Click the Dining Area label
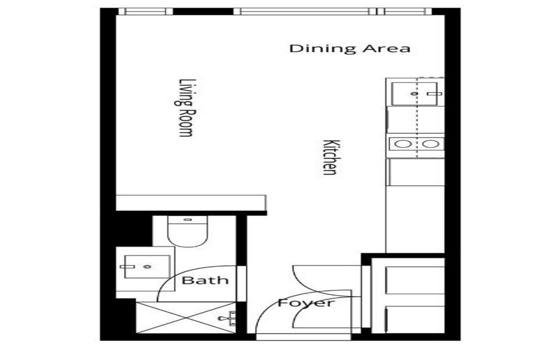(x=350, y=49)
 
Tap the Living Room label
(x=185, y=108)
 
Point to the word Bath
(x=205, y=280)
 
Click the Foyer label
(x=306, y=303)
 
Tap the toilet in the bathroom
(x=188, y=231)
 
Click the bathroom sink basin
(x=147, y=267)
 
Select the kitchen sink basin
(x=414, y=93)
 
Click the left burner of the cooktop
(x=403, y=144)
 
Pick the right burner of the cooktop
(x=431, y=144)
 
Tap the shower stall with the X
(x=186, y=318)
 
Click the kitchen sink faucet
(x=434, y=93)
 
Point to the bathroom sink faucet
(x=127, y=267)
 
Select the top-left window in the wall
(x=145, y=11)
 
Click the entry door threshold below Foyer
(x=303, y=337)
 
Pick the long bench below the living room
(x=191, y=203)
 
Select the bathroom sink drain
(x=147, y=267)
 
